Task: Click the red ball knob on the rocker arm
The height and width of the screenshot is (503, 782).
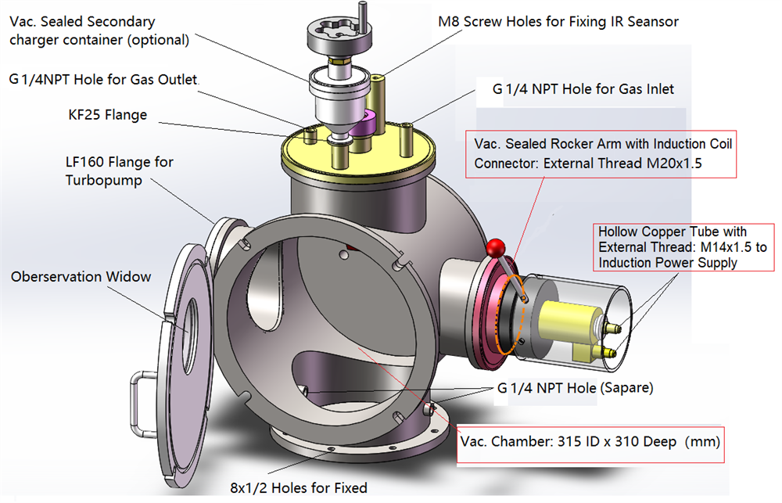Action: coord(494,249)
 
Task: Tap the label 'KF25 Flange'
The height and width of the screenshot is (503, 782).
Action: coord(107,115)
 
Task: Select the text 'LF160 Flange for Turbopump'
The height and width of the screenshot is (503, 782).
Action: coord(119,171)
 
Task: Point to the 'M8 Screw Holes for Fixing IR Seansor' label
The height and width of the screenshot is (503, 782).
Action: coord(558,22)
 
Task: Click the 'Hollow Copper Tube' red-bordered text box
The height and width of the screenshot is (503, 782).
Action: coord(682,247)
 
